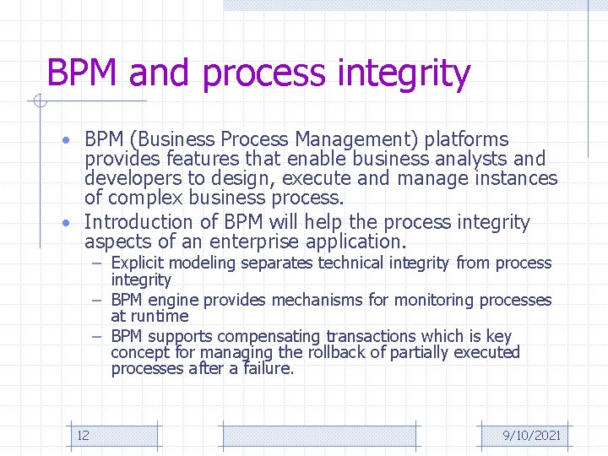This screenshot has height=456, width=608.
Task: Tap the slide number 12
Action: (83, 436)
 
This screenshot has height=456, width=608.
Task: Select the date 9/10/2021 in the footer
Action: (531, 436)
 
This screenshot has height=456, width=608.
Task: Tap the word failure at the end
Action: (268, 369)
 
